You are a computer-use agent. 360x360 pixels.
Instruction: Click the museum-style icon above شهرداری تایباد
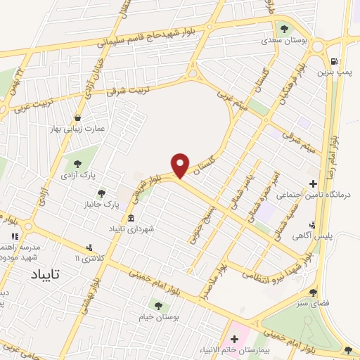click(x=131, y=219)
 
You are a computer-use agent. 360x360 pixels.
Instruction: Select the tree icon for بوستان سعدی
click(x=284, y=30)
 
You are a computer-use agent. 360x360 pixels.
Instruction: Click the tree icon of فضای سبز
click(x=313, y=292)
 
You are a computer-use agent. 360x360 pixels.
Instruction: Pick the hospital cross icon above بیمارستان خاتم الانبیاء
click(x=234, y=339)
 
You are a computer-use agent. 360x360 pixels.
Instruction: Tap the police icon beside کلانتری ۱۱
click(x=89, y=248)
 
